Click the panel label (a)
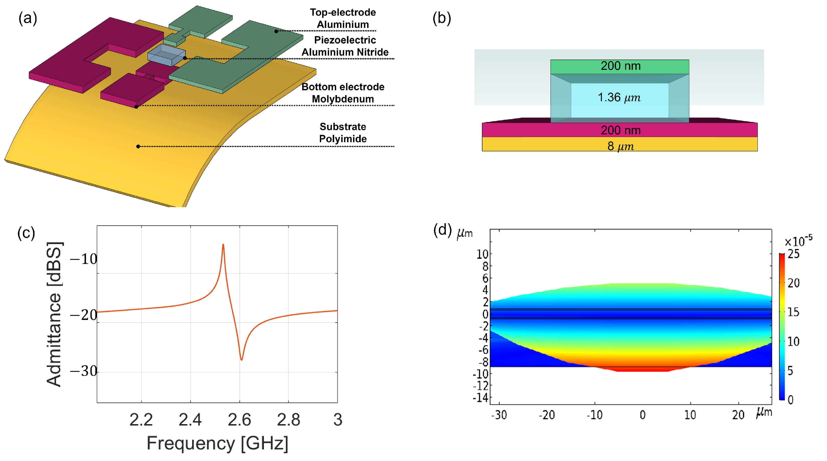pos(28,18)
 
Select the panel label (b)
pos(442,18)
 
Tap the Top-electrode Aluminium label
pos(343,18)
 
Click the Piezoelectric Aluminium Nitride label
pos(345,46)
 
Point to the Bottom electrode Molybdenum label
pos(343,93)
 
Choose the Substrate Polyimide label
pos(343,133)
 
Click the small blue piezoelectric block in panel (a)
pos(166,55)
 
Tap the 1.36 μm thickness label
pos(619,97)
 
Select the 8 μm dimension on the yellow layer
pos(620,146)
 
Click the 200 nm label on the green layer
pos(621,66)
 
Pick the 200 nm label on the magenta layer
pos(621,130)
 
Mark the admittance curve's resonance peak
pos(223,245)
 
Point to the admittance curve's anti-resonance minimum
pos(241,359)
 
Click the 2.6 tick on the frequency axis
pos(239,420)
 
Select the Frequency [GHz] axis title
pos(217,443)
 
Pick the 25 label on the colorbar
pos(794,254)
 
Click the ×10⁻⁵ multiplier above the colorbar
pos(798,241)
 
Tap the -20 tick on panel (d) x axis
pos(547,415)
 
